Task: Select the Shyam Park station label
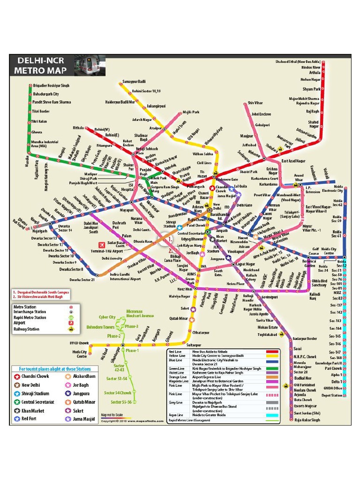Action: (x=311, y=89)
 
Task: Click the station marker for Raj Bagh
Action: (x=323, y=112)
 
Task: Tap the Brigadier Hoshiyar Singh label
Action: (x=52, y=86)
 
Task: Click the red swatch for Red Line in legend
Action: (x=271, y=351)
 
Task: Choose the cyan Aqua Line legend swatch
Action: (x=271, y=415)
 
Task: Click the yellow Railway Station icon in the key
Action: (x=71, y=329)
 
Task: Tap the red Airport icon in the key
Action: (x=71, y=323)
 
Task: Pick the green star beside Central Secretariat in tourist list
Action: (x=17, y=402)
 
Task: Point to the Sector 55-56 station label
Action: (x=121, y=402)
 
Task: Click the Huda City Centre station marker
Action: (x=90, y=346)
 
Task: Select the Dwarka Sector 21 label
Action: (x=82, y=280)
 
